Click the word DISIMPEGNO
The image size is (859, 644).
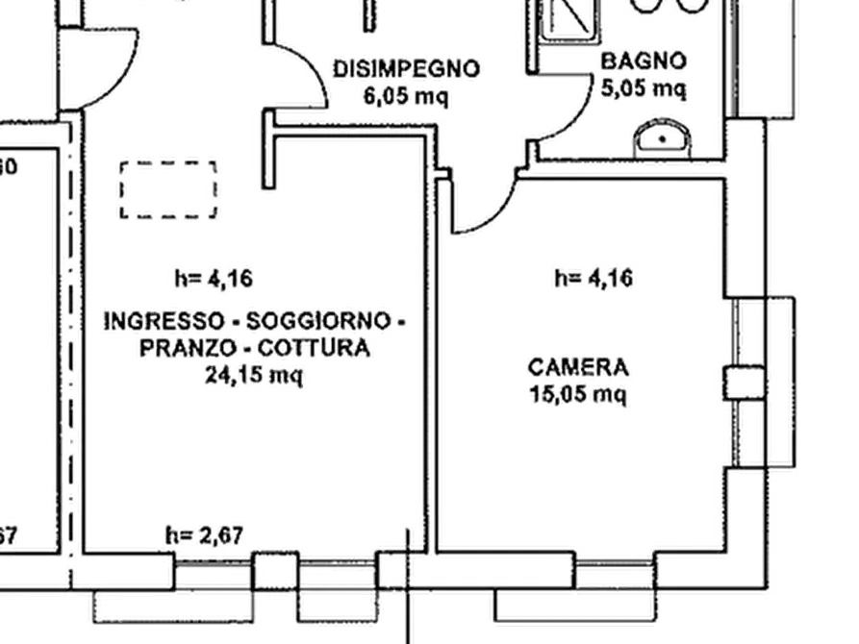click(405, 69)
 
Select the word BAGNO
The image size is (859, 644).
click(644, 62)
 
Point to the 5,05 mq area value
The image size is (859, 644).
click(644, 88)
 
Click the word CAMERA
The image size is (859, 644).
click(578, 366)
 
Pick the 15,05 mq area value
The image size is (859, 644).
click(578, 393)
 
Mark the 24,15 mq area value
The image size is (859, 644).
click(254, 376)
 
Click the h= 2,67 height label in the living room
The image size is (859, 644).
click(209, 535)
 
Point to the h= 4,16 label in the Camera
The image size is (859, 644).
click(594, 280)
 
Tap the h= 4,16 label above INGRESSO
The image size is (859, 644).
click(214, 280)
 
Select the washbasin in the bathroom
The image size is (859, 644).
click(663, 138)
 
